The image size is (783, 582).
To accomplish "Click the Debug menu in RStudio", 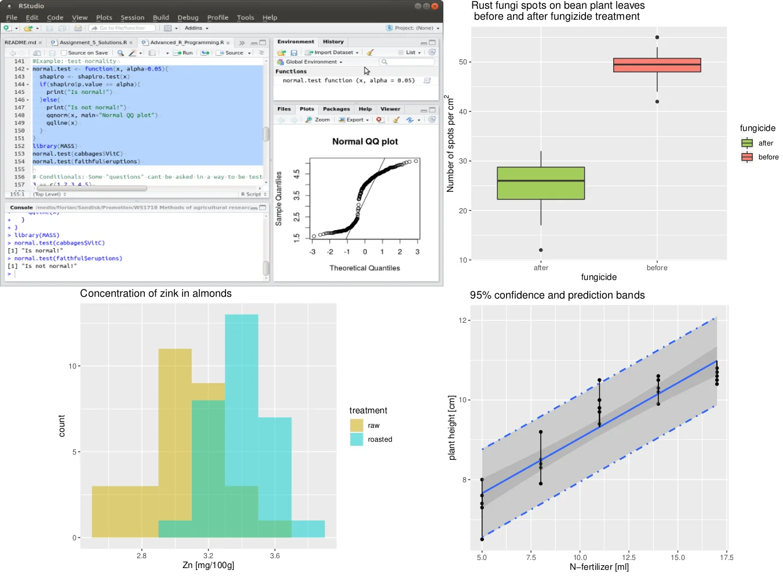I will [x=188, y=17].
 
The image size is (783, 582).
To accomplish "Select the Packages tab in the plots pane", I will [x=336, y=109].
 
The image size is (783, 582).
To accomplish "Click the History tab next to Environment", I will [x=333, y=42].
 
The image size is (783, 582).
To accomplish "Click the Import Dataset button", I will [x=332, y=52].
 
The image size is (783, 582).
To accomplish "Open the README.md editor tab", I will [x=20, y=42].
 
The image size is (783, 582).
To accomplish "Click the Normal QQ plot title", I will [x=365, y=141].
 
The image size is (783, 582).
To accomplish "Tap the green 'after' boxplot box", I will [x=541, y=183].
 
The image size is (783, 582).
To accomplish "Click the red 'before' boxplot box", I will [x=657, y=65].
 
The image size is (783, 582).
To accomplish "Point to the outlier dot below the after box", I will [x=541, y=250].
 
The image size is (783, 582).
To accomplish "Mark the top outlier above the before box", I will [x=657, y=38].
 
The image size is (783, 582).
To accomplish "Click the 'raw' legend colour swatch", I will [x=356, y=425].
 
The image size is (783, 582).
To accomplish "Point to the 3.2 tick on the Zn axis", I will [x=208, y=555].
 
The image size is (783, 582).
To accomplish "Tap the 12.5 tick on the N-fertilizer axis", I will [x=629, y=558].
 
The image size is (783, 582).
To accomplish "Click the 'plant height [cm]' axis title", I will [x=452, y=428].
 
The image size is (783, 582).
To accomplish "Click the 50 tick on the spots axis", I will [x=463, y=62].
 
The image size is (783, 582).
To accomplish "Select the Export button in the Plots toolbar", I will [x=354, y=120].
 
